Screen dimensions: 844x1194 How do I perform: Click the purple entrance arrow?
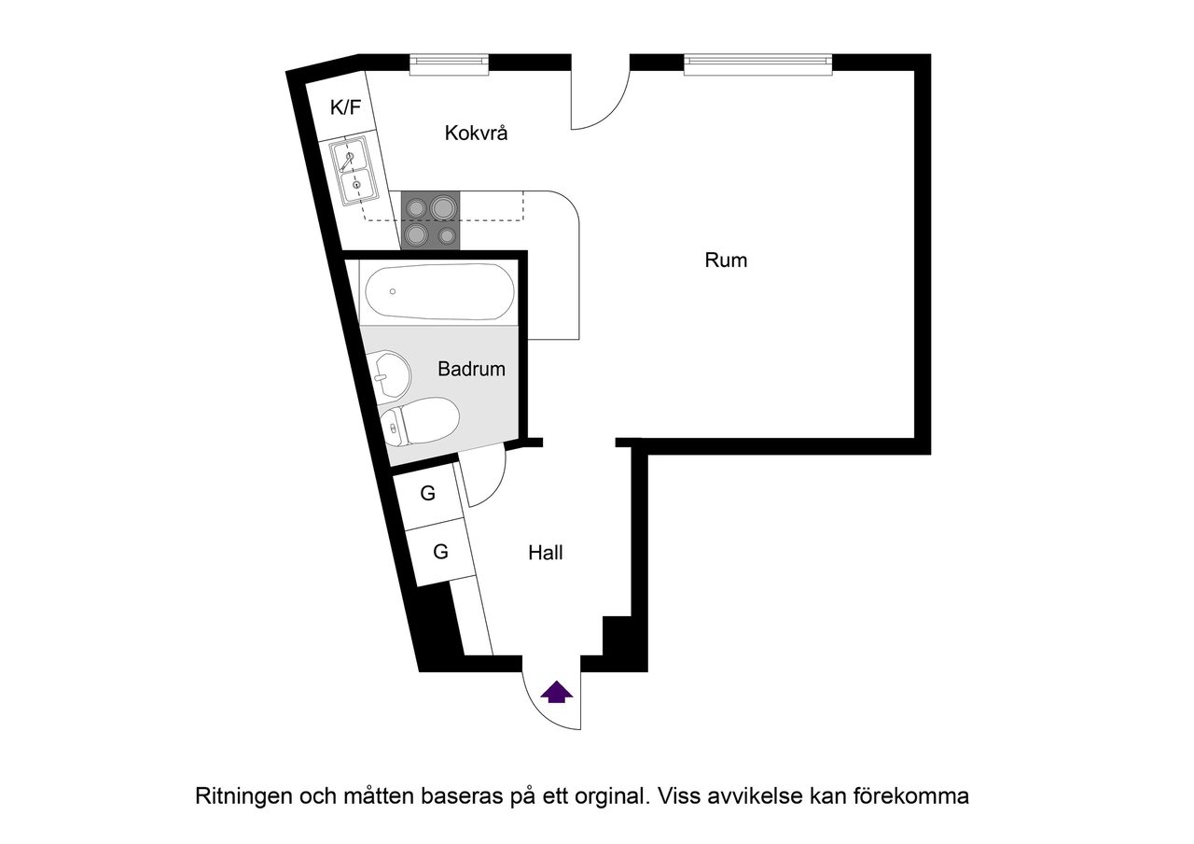557,692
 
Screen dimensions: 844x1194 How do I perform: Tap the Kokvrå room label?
476,134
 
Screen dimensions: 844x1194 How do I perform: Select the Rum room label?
726,260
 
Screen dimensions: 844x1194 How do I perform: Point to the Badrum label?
471,369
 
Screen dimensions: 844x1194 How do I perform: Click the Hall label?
546,553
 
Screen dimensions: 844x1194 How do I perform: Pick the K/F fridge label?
345,107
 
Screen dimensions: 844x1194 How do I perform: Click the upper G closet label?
428,494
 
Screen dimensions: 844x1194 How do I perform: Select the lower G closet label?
440,552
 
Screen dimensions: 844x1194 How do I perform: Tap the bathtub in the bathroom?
438,291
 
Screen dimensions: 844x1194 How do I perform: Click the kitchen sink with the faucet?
354,171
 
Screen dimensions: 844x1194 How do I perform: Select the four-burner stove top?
430,220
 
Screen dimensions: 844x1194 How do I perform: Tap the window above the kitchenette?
450,63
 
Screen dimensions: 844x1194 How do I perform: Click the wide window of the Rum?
757,63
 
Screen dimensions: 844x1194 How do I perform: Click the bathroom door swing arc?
485,476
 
